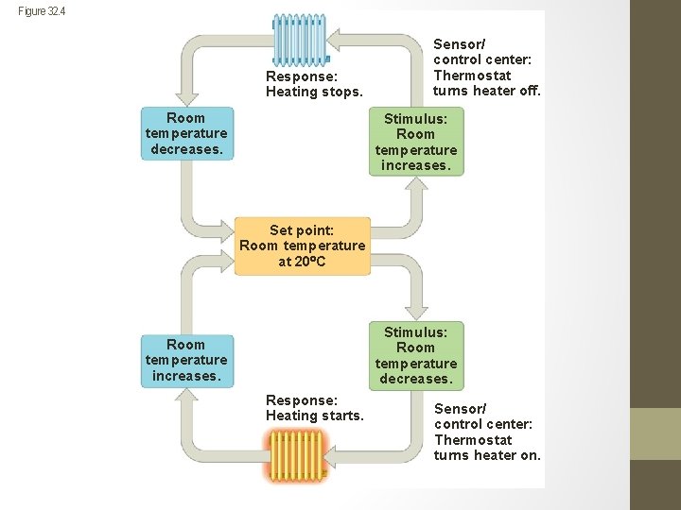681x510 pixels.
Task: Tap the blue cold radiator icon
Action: [299, 40]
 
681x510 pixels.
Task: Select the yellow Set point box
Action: [302, 246]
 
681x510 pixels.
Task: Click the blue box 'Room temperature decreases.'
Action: [185, 133]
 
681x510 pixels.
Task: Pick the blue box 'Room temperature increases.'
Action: [185, 360]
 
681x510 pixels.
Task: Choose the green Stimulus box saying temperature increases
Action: [415, 142]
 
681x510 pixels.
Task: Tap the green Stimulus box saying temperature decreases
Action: [415, 355]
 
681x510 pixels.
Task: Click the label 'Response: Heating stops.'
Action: [314, 84]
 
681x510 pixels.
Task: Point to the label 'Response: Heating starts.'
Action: [314, 408]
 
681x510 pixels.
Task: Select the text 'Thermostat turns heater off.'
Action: [486, 83]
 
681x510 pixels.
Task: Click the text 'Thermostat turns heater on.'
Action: [487, 448]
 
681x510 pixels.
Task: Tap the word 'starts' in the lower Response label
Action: [342, 416]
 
